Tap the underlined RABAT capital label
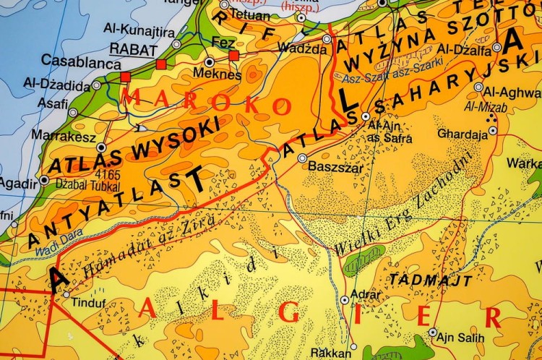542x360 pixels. click(x=132, y=48)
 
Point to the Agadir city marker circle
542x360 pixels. click(x=45, y=180)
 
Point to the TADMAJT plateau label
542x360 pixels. click(x=431, y=279)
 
